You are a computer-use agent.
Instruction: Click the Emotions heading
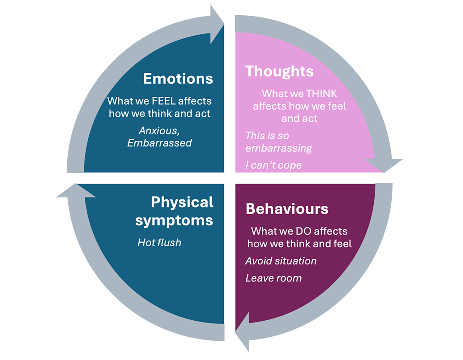[178, 79]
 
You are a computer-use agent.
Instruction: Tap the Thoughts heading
[279, 71]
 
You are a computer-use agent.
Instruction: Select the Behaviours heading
[287, 209]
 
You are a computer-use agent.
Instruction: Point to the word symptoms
[174, 221]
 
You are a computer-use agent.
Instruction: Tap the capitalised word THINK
[322, 94]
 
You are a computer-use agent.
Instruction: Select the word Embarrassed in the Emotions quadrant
[159, 143]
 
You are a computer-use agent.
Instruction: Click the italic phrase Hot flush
[159, 243]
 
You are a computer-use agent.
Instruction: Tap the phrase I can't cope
[274, 165]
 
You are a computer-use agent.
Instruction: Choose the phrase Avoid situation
[281, 261]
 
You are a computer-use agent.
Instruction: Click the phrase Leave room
[274, 278]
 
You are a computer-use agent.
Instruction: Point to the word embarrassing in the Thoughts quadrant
[279, 148]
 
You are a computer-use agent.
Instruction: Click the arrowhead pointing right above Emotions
[217, 24]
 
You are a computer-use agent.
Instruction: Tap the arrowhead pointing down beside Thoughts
[383, 166]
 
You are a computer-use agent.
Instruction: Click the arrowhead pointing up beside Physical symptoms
[76, 190]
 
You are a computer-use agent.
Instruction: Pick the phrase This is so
[267, 136]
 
